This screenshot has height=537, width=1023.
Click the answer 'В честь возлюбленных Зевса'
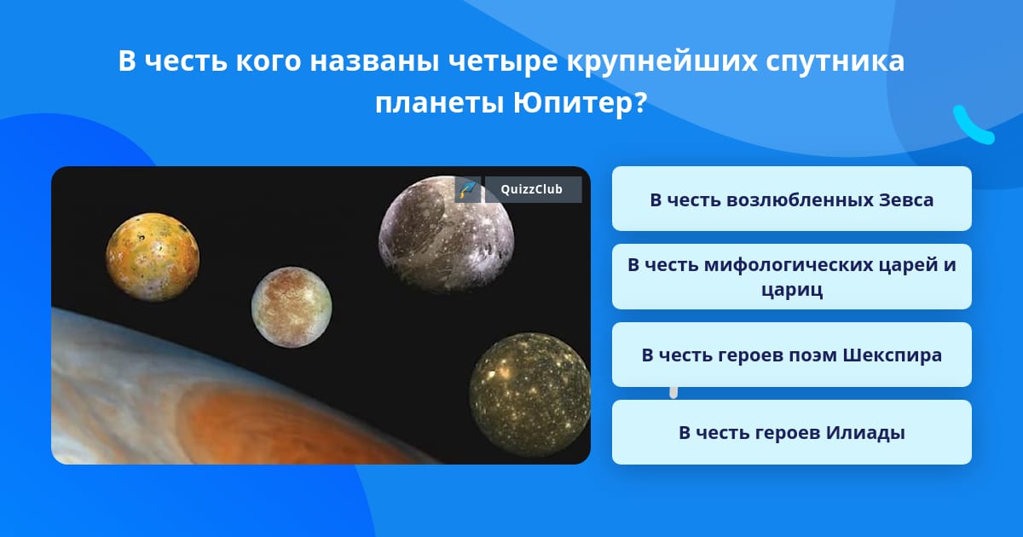tap(791, 199)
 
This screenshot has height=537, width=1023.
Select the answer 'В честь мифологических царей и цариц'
tap(791, 277)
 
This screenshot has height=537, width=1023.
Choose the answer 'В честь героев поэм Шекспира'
tap(791, 355)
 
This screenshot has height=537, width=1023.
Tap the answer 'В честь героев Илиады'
tap(791, 432)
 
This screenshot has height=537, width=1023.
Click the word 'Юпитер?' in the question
tap(580, 104)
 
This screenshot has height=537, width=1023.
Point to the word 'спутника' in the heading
tap(835, 61)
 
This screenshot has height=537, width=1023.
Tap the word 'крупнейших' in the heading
tap(662, 61)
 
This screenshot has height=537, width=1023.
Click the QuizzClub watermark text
tap(532, 189)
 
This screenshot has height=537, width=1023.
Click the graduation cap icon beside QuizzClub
tap(467, 189)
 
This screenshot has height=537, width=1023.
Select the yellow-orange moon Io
tap(153, 257)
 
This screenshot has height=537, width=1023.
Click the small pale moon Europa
tap(292, 307)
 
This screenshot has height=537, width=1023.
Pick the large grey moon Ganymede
tap(447, 234)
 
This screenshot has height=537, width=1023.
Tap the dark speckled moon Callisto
tap(530, 395)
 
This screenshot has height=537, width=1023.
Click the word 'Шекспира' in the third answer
tap(892, 355)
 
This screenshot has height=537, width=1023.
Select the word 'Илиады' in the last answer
tap(865, 433)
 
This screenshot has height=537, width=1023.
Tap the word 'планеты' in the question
tap(439, 104)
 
